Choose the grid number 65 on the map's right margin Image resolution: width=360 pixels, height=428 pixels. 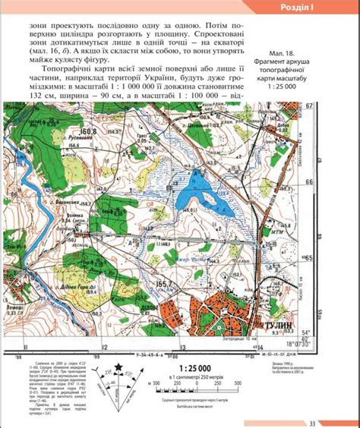[311, 259]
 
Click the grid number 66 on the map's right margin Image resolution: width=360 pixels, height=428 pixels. [311, 183]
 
